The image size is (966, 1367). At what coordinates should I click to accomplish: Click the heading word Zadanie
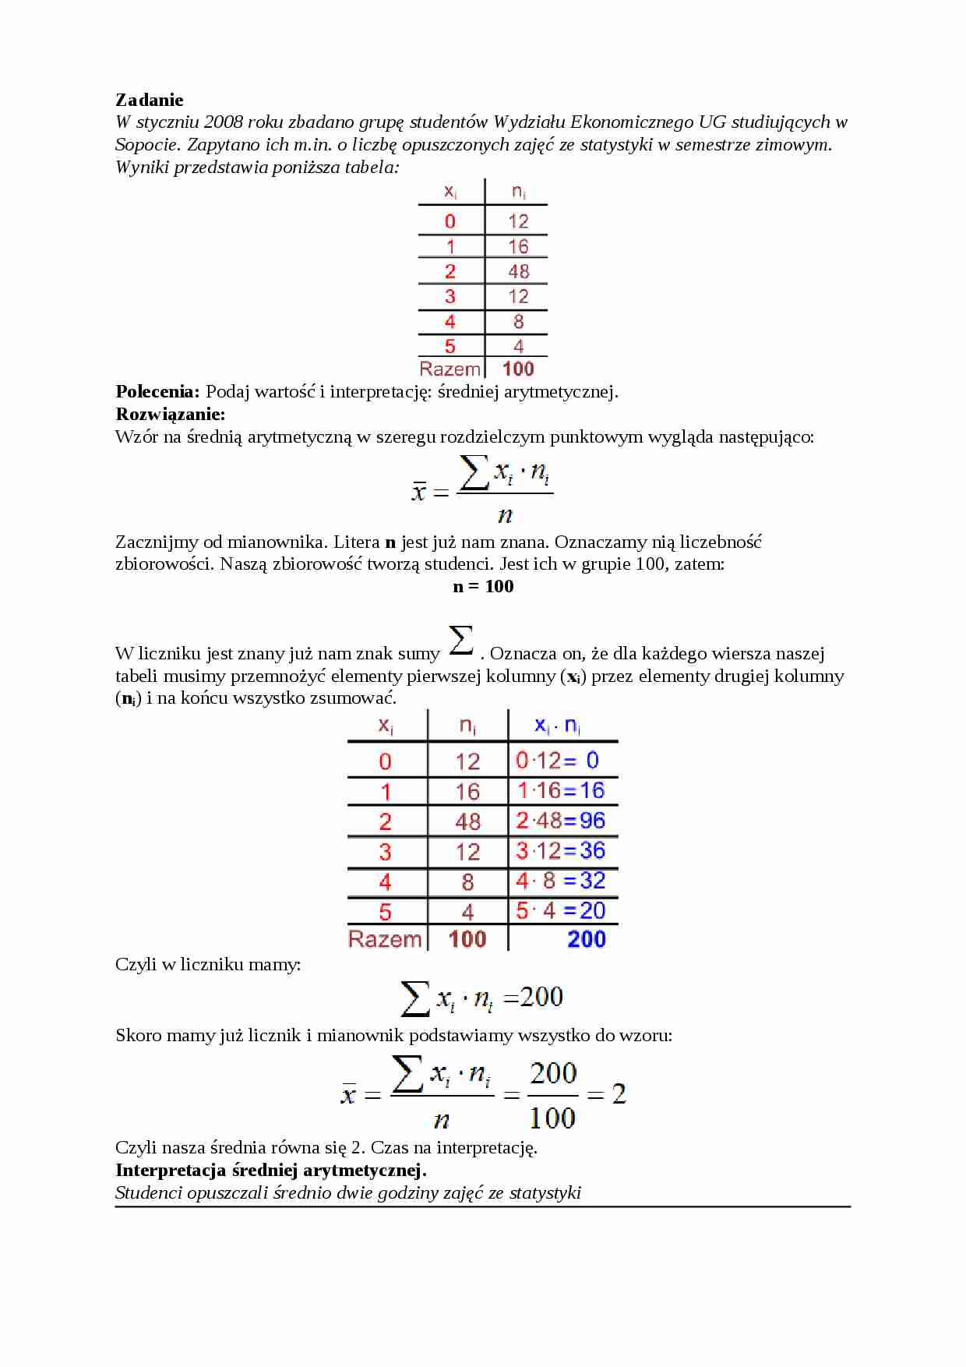click(150, 100)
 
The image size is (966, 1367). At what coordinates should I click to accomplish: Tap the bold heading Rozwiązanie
click(170, 414)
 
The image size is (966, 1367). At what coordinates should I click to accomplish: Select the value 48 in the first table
click(518, 271)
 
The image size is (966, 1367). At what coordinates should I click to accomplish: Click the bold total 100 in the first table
click(518, 369)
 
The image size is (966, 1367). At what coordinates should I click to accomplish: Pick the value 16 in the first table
click(518, 246)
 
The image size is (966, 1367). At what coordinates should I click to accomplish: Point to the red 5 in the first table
click(450, 346)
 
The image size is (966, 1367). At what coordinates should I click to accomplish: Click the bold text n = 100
click(483, 586)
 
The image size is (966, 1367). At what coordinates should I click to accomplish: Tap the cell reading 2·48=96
click(560, 821)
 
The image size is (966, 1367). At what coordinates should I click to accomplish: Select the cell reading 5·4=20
click(560, 910)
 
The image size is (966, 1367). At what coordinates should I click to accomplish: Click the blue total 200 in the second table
click(587, 939)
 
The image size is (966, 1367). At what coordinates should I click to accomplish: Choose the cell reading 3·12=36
click(560, 850)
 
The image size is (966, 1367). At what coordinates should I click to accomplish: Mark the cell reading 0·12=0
click(558, 760)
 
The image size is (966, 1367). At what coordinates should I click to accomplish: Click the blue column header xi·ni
click(557, 726)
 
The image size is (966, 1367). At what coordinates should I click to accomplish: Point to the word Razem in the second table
click(385, 939)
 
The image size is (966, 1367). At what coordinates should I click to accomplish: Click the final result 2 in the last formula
click(619, 1094)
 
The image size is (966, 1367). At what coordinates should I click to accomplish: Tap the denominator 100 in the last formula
click(552, 1118)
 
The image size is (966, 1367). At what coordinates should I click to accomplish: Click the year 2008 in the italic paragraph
click(224, 122)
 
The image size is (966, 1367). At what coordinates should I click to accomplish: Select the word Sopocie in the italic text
click(148, 144)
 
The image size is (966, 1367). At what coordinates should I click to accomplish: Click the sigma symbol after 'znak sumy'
click(461, 641)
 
